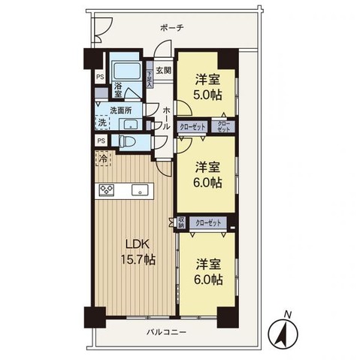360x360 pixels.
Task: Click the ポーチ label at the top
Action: pos(171,28)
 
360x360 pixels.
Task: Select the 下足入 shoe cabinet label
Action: pos(151,78)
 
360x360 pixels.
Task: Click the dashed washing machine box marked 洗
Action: pos(101,123)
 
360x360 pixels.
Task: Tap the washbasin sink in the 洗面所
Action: pos(129,124)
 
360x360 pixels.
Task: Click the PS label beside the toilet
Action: pos(100,141)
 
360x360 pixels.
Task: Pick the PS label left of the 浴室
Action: pos(99,75)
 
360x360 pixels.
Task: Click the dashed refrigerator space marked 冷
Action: pos(101,160)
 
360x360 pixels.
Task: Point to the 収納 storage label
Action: pos(180,222)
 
